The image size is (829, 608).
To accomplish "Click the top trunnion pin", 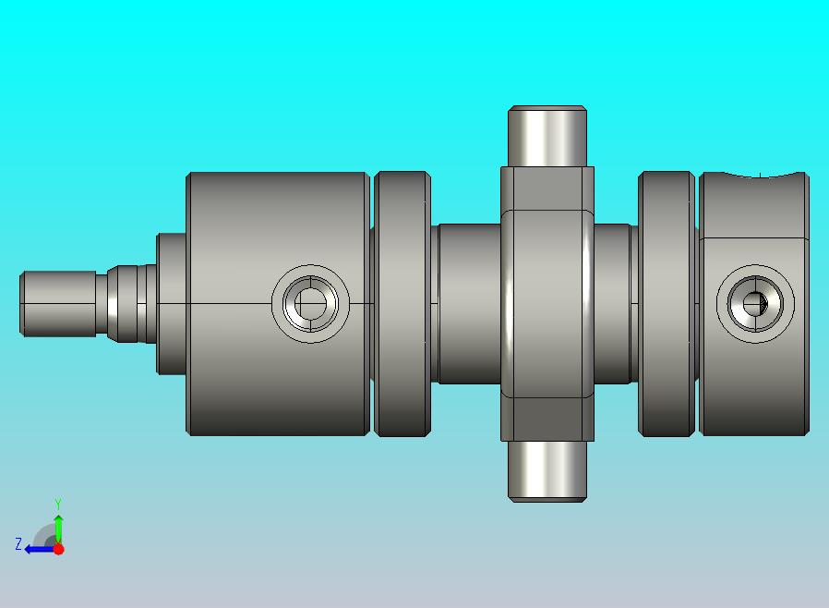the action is tap(547, 137).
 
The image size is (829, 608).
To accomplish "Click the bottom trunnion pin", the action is tap(547, 471).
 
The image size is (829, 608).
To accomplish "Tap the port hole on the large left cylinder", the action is tap(310, 304).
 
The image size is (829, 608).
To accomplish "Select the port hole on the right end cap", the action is tap(755, 304).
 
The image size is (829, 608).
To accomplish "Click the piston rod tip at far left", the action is tap(58, 304).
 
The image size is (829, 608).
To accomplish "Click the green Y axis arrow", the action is tap(59, 529).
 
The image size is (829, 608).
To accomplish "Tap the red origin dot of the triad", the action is tap(59, 549).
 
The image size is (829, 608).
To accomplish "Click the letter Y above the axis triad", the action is tap(58, 504).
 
